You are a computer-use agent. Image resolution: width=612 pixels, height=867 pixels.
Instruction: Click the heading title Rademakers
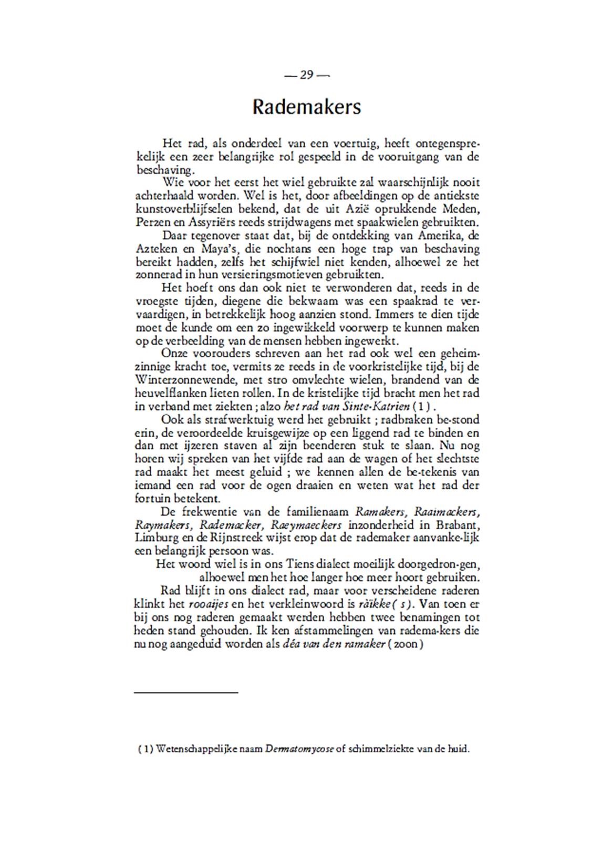click(306, 107)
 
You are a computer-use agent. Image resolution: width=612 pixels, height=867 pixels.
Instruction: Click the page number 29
click(306, 75)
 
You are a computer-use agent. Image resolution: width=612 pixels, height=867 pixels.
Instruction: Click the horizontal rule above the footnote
click(186, 693)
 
